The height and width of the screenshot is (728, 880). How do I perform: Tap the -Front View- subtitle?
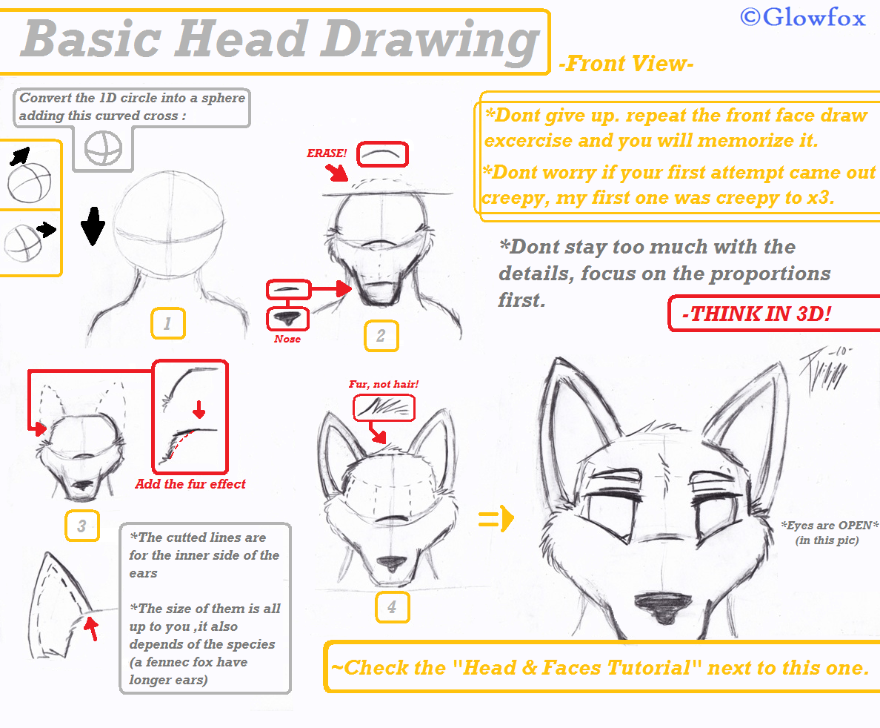point(626,64)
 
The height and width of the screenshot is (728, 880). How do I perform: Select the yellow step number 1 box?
point(168,324)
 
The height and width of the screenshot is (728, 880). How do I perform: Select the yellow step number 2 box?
point(381,336)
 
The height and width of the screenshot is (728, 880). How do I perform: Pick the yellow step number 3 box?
point(81,526)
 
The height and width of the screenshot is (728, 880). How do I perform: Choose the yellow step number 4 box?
point(392,608)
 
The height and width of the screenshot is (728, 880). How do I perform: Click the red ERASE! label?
point(327,153)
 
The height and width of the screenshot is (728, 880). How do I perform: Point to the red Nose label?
point(287,339)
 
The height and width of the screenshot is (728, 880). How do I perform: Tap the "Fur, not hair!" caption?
point(384,384)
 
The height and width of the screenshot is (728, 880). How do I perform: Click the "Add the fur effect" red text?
point(190,484)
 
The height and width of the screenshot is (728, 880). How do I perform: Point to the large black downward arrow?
point(93,226)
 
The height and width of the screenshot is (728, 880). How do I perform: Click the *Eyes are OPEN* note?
point(827,532)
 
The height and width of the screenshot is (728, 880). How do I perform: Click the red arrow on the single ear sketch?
point(91,629)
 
